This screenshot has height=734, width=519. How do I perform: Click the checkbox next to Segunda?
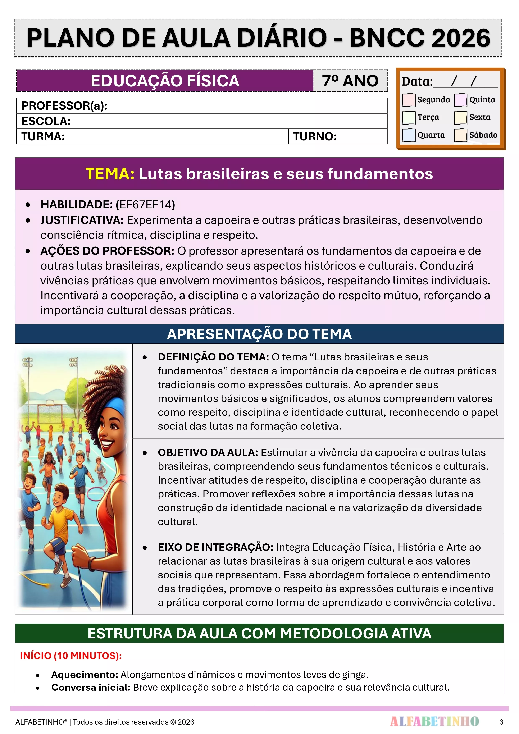click(x=409, y=100)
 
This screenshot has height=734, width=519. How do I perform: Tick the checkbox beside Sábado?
click(x=460, y=135)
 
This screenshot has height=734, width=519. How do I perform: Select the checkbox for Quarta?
click(x=409, y=135)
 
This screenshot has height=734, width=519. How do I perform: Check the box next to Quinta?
click(x=460, y=100)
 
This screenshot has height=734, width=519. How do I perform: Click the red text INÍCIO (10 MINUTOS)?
click(x=71, y=656)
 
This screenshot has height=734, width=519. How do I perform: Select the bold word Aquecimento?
click(x=85, y=675)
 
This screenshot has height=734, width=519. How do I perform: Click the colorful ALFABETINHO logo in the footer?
click(x=434, y=721)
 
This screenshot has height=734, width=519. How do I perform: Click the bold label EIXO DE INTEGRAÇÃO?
click(x=215, y=547)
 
